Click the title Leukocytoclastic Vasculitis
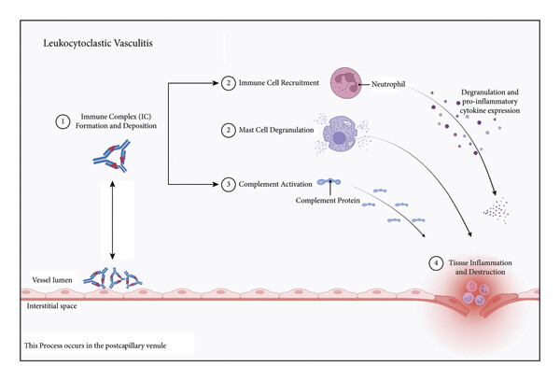(x=98, y=43)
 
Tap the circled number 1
(x=63, y=121)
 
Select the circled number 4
(x=436, y=263)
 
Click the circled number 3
(x=229, y=184)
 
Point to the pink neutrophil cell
(x=345, y=83)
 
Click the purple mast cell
(x=341, y=134)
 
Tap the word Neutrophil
(x=388, y=84)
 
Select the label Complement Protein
(x=328, y=201)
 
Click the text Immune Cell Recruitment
(x=279, y=82)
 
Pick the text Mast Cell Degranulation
(x=276, y=130)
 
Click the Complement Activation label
(x=275, y=184)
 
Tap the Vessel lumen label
(x=52, y=280)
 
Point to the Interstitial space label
(x=51, y=306)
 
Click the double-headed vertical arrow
(x=113, y=219)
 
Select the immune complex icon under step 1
(x=112, y=156)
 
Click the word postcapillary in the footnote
(x=126, y=346)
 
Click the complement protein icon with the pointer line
(x=329, y=181)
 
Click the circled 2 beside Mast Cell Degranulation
(x=229, y=130)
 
